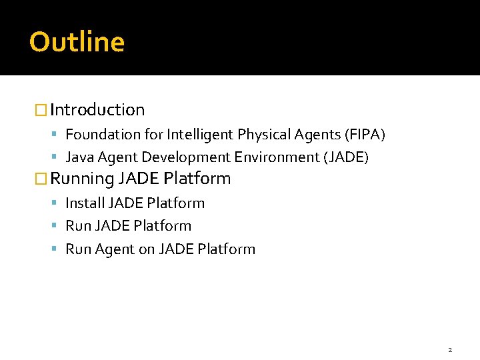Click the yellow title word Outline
[x=77, y=42]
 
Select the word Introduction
[x=97, y=109]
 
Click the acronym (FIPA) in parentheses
[x=365, y=135]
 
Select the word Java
[x=78, y=157]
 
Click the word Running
[x=83, y=179]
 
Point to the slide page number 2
[x=450, y=349]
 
